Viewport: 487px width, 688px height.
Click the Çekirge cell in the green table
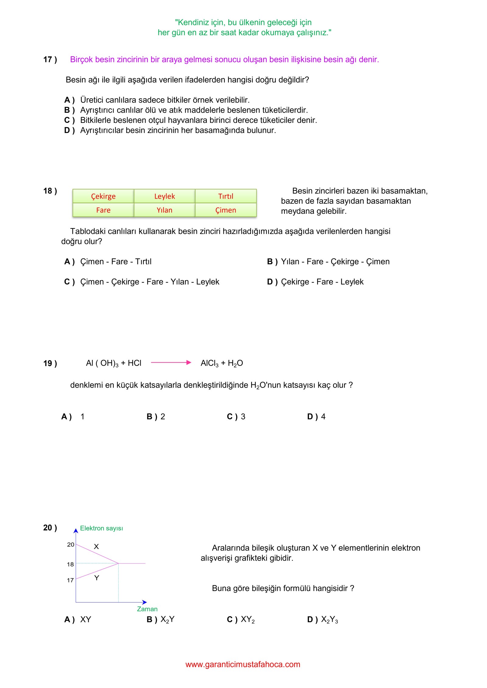coord(103,196)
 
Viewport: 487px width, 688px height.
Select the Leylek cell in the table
coord(164,196)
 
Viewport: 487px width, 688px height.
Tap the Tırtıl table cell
coord(226,196)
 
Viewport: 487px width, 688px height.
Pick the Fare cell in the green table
coord(103,210)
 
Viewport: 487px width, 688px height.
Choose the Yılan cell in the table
coord(164,210)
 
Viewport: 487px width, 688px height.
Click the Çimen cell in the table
coord(226,210)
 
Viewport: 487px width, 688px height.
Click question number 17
coord(50,60)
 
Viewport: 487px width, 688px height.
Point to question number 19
coord(50,363)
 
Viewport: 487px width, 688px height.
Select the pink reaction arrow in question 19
coord(171,363)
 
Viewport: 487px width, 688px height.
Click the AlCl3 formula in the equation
coord(209,363)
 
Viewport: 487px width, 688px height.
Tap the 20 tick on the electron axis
coord(71,545)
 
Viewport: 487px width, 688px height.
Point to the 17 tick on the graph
coord(70,580)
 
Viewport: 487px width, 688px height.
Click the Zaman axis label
coord(147,609)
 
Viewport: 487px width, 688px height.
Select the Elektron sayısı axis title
coord(101,528)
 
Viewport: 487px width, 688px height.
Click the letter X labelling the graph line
coord(96,547)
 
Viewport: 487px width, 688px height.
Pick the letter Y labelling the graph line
coord(96,578)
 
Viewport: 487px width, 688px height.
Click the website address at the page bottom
coord(243,664)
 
